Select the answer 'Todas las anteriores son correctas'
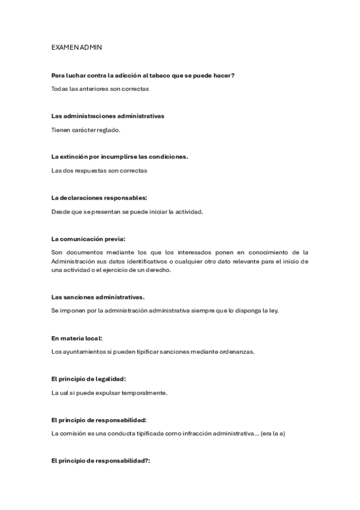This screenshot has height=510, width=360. (x=100, y=89)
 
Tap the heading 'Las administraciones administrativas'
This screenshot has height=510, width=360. (x=108, y=115)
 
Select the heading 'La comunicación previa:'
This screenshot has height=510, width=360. (x=88, y=238)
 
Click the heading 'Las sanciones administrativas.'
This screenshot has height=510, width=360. (x=98, y=296)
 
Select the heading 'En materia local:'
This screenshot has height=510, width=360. (x=81, y=338)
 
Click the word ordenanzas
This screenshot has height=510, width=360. (x=237, y=352)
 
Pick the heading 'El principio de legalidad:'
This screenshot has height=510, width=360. (x=89, y=379)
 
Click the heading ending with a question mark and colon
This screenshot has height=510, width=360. (x=101, y=460)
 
